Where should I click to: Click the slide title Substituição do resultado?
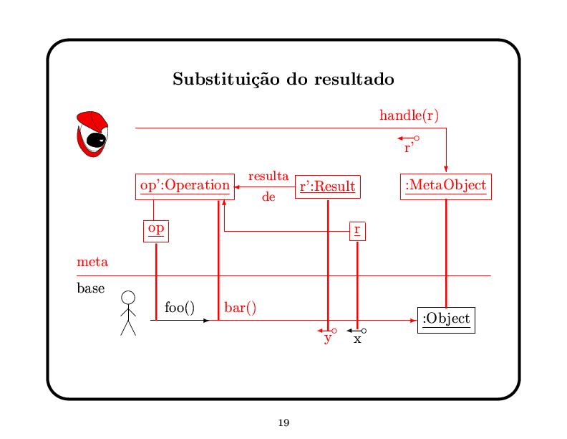(x=283, y=79)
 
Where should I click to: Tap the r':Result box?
(x=327, y=187)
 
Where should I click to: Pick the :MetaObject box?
(x=445, y=186)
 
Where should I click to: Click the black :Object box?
(x=445, y=319)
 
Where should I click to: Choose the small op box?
(x=155, y=230)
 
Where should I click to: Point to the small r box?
(x=357, y=231)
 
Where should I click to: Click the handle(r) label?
(x=409, y=115)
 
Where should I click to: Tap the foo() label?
(x=179, y=308)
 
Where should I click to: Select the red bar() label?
(x=241, y=308)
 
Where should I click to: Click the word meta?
(x=92, y=262)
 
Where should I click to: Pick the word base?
(x=91, y=289)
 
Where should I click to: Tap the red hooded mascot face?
(x=92, y=134)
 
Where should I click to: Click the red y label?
(x=327, y=339)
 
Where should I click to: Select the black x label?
(x=357, y=339)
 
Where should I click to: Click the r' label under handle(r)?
(x=409, y=148)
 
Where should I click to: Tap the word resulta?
(x=268, y=176)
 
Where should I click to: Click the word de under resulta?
(x=268, y=196)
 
